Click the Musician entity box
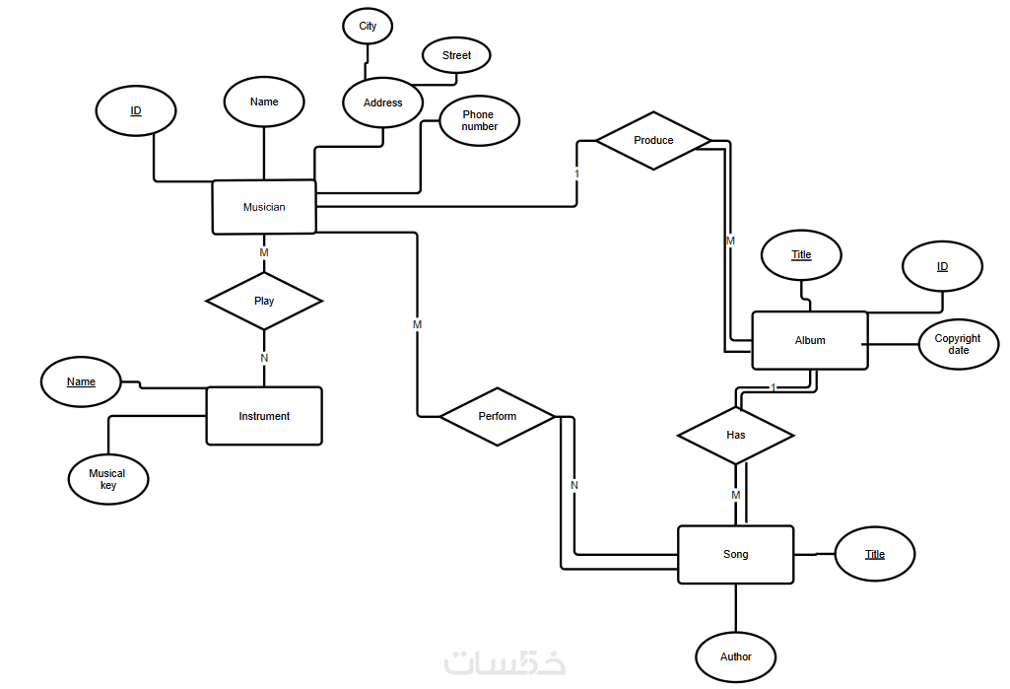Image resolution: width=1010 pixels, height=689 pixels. [x=264, y=207]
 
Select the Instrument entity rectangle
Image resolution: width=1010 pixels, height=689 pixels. [x=264, y=416]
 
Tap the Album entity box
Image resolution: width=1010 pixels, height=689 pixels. [x=810, y=340]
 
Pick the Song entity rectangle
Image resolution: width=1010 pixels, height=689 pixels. [x=735, y=555]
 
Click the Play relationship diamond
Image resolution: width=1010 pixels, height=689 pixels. [x=264, y=301]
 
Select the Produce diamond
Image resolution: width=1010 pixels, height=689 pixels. [x=653, y=141]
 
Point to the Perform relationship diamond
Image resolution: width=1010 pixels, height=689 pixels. [x=498, y=416]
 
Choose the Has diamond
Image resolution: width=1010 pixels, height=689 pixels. [x=735, y=435]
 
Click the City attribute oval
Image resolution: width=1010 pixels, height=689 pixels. [x=368, y=27]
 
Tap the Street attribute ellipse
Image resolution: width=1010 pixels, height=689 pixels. [x=456, y=56]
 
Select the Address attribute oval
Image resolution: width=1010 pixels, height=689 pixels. [x=382, y=103]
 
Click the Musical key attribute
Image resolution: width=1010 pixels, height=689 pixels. [x=108, y=479]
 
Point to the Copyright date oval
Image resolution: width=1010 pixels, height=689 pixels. [x=958, y=344]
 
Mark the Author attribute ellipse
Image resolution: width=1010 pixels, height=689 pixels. [x=735, y=656]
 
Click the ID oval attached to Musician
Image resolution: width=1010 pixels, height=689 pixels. [x=136, y=111]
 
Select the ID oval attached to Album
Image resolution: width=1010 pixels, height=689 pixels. [x=942, y=267]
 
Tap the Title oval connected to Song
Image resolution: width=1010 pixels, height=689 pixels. [x=875, y=554]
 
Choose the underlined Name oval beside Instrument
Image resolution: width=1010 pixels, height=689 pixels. [x=81, y=381]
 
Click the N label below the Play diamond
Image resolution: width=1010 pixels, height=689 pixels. [x=264, y=358]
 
